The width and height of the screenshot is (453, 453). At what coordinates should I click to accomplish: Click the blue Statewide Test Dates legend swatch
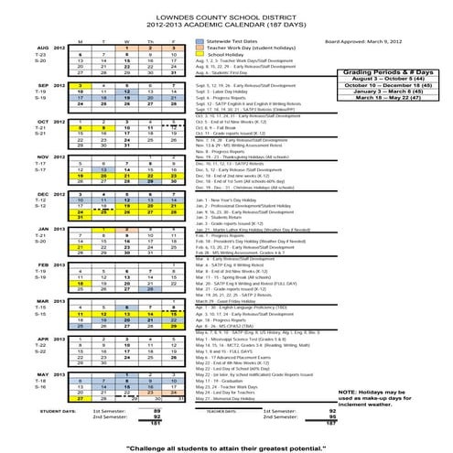[x=198, y=41]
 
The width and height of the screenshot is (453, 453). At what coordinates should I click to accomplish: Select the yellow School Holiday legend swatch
[x=198, y=55]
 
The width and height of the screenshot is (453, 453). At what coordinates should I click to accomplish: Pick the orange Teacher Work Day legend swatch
[x=198, y=48]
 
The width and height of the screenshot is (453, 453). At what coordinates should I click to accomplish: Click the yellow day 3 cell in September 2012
[x=80, y=84]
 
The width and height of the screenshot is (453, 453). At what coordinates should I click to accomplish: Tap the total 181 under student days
[x=156, y=424]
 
